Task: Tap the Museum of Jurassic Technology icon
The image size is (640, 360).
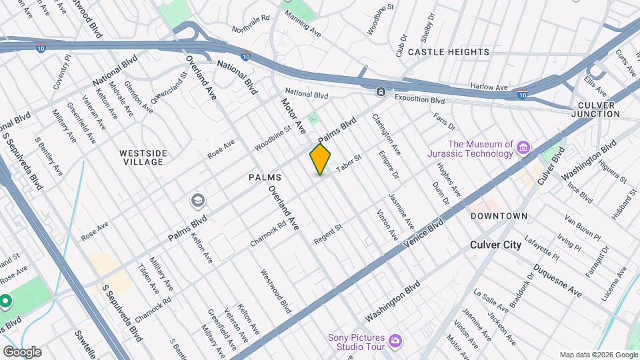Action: [x=523, y=147]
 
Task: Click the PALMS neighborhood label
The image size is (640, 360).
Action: [x=265, y=177]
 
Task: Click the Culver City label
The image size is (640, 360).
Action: [x=495, y=245]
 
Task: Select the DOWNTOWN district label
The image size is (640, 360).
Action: [x=499, y=216]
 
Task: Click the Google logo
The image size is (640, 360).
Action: [x=22, y=352]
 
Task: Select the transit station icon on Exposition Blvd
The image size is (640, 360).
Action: [x=380, y=91]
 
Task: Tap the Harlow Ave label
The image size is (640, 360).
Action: [x=489, y=87]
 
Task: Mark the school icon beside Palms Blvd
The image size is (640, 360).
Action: [x=197, y=200]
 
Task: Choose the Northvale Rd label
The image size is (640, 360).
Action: [x=250, y=25]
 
